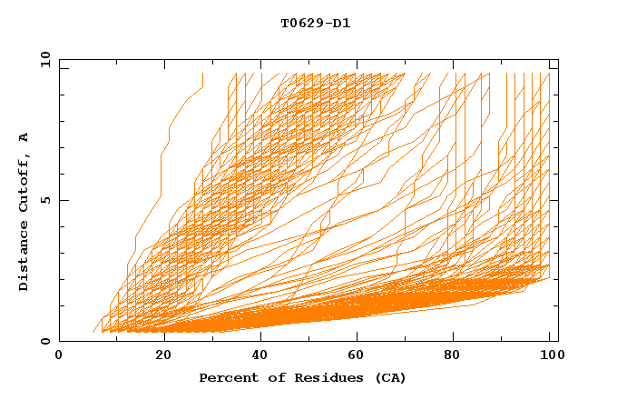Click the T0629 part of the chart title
click(300, 24)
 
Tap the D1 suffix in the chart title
click(342, 24)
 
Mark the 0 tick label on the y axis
click(44, 342)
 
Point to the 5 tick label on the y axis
click(44, 200)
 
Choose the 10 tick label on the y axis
click(44, 59)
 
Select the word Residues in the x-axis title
click(317, 377)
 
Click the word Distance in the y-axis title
click(24, 259)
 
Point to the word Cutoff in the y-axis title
click(24, 183)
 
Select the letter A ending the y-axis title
click(24, 136)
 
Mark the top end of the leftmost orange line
click(202, 75)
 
